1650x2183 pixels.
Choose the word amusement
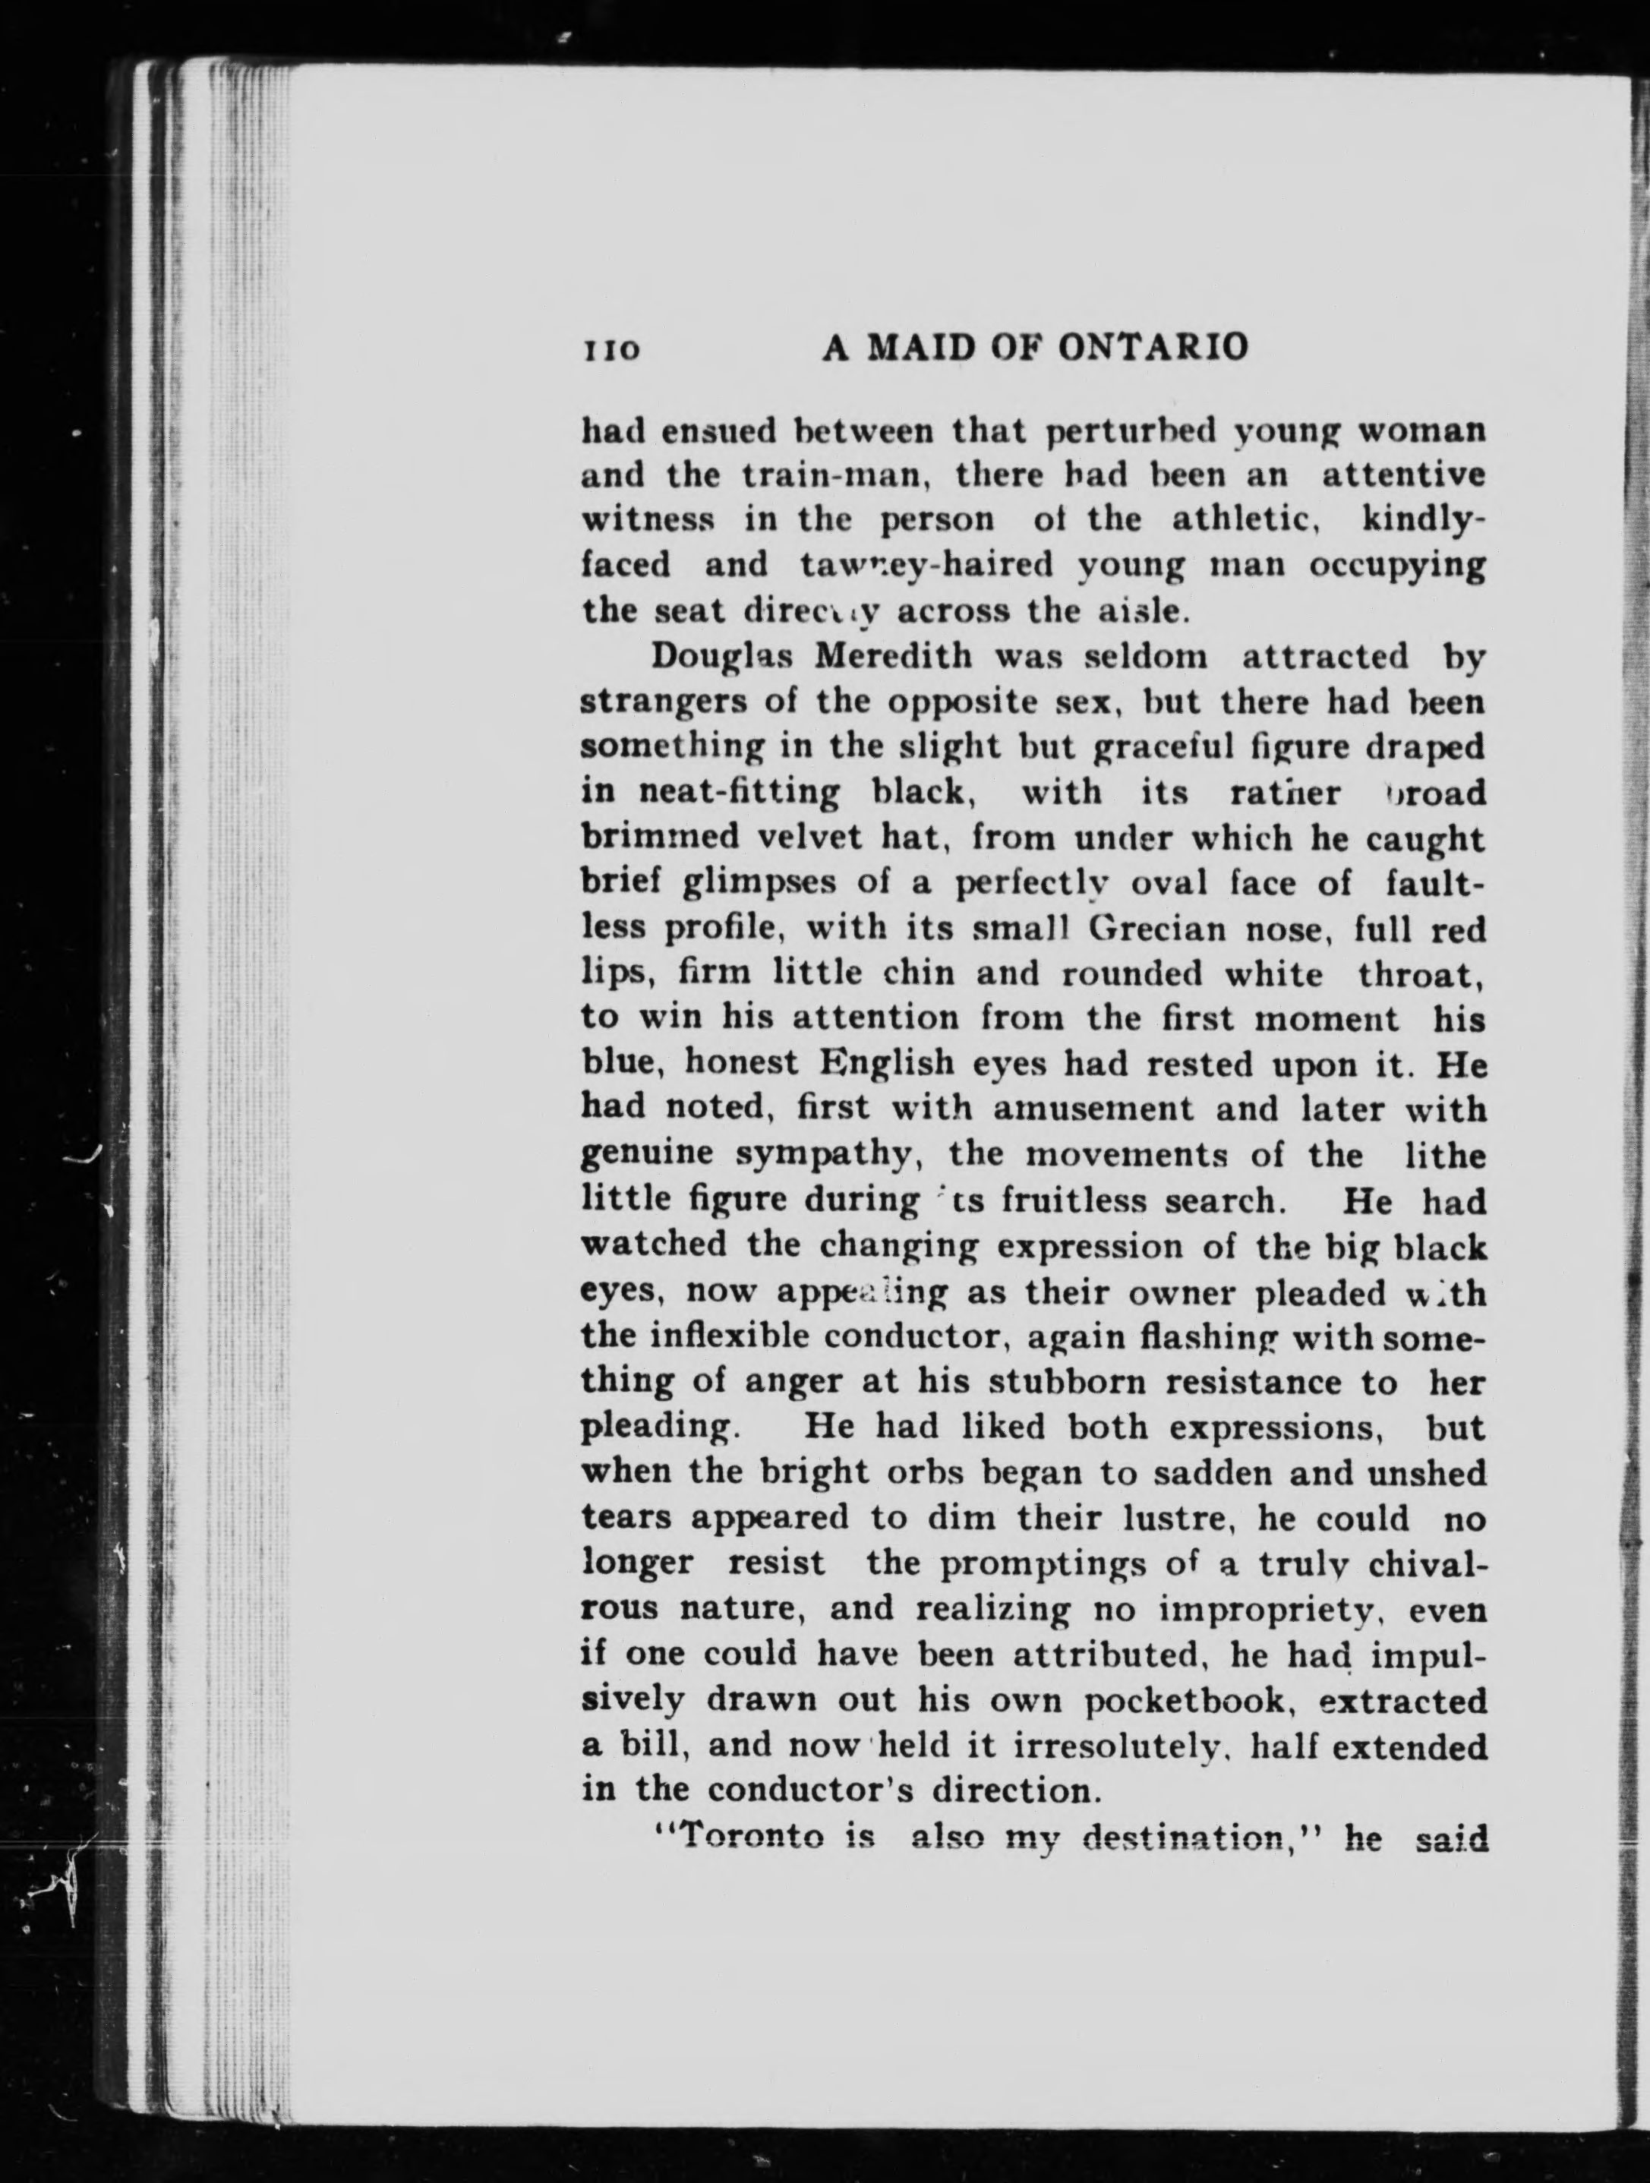click(x=1093, y=1110)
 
